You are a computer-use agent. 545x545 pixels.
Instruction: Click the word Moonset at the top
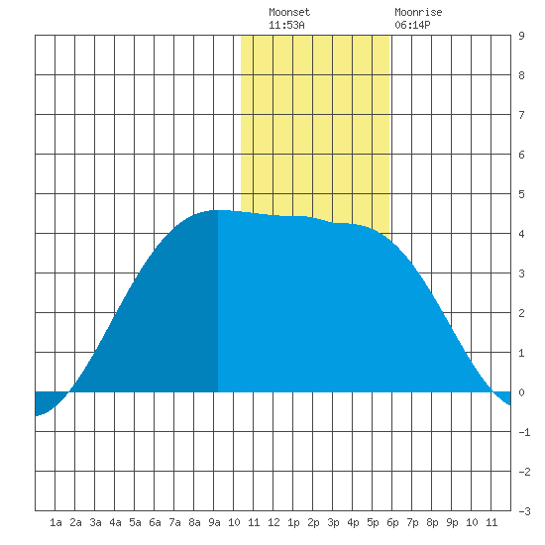click(x=289, y=13)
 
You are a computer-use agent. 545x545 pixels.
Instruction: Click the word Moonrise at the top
click(x=418, y=13)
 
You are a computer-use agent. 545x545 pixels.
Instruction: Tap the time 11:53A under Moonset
click(x=286, y=25)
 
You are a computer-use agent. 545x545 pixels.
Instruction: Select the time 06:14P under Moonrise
click(x=412, y=25)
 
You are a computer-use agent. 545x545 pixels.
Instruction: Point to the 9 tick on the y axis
click(x=521, y=36)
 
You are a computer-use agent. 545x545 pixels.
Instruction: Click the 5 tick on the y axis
click(x=521, y=194)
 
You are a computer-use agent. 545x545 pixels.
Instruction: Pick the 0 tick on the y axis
click(x=521, y=392)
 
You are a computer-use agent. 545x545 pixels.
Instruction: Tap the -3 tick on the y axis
click(x=524, y=511)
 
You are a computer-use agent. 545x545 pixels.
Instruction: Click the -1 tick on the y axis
click(x=524, y=432)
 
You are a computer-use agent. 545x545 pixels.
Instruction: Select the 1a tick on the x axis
click(x=55, y=522)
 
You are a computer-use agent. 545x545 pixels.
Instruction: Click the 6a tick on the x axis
click(x=155, y=522)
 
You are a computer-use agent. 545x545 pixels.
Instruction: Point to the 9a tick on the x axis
click(x=214, y=522)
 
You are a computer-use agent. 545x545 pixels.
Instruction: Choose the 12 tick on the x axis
click(x=273, y=522)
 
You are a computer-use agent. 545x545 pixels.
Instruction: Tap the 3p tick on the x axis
click(x=333, y=522)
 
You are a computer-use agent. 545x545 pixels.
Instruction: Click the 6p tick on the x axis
click(x=392, y=522)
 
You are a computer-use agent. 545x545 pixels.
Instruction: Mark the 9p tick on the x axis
click(x=452, y=522)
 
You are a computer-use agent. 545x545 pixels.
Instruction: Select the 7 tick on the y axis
click(x=521, y=115)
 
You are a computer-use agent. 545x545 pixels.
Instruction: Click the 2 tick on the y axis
click(x=521, y=313)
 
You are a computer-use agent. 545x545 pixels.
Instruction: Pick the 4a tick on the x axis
click(x=115, y=522)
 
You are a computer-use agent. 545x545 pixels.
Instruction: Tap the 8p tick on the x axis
click(x=432, y=522)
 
